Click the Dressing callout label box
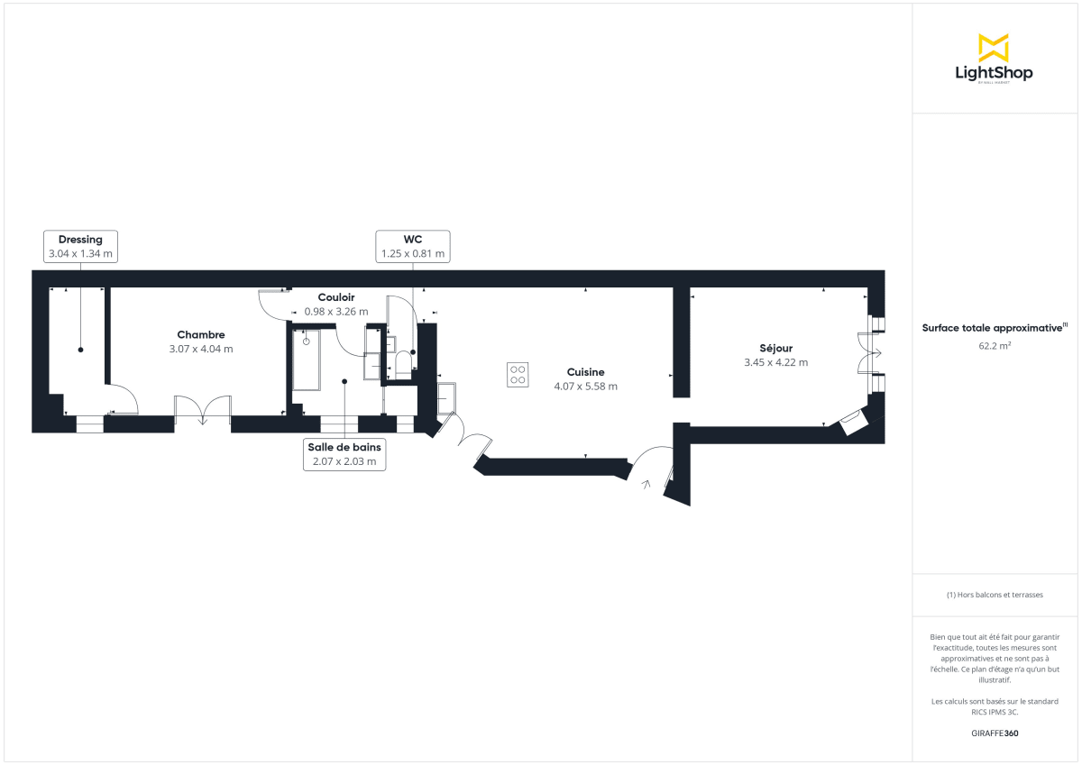pos(80,246)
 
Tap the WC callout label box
pos(413,246)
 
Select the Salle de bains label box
pos(344,454)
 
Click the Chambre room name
pos(200,334)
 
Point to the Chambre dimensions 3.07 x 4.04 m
pos(200,349)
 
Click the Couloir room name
pos(335,297)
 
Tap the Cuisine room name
pos(585,372)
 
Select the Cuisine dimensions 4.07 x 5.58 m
pos(585,387)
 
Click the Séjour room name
pos(775,348)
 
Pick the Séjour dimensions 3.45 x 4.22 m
pos(775,362)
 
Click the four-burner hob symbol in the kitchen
pos(518,374)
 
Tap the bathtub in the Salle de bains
pos(306,360)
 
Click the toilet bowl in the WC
pos(403,363)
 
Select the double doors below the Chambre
pos(203,410)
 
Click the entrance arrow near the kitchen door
pos(646,485)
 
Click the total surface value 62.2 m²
pos(994,344)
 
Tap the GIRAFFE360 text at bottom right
pos(994,733)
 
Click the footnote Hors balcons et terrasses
pos(994,596)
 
